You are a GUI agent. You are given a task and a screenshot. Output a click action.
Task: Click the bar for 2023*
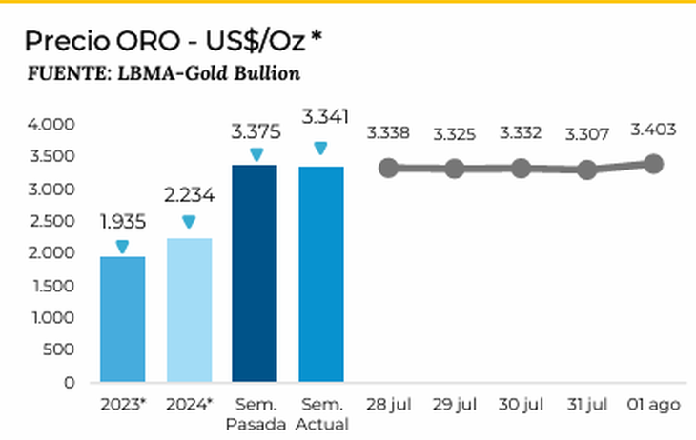tap(123, 319)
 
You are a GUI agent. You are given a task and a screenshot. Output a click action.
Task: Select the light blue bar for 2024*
tap(189, 310)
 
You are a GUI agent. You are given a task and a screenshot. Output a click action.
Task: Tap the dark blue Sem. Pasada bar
tap(255, 273)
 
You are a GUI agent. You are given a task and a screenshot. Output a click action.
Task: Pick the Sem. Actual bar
tap(320, 274)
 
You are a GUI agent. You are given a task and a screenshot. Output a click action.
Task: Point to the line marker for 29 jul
tap(455, 169)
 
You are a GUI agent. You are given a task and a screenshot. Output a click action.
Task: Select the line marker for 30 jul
tap(521, 168)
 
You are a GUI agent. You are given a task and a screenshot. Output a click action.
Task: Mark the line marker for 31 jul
tap(586, 170)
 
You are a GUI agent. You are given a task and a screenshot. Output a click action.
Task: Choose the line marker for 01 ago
tap(654, 164)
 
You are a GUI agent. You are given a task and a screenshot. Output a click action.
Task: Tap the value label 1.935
tap(123, 223)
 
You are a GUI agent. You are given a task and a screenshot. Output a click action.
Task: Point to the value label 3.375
tap(255, 129)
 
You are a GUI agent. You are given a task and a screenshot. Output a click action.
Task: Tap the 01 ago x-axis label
tap(654, 405)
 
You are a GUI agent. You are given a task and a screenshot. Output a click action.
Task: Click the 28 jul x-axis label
tap(388, 405)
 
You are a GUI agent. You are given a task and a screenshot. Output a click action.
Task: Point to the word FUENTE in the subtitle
tap(61, 73)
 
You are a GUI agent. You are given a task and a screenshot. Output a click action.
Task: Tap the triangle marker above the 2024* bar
tap(189, 222)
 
